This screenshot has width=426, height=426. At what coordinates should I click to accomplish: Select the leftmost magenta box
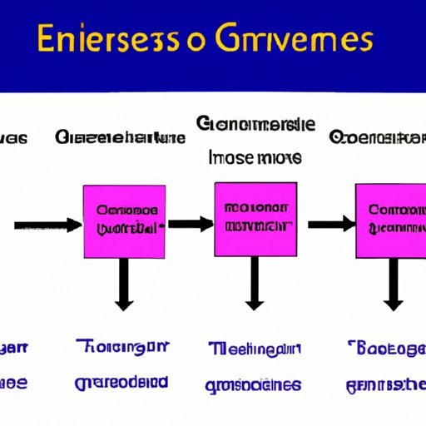coord(125,220)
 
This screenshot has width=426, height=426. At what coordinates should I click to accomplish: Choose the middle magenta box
coord(255,219)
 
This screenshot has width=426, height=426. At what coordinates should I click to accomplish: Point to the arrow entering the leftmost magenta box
coord(47,225)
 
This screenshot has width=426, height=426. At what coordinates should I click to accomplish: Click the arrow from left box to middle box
coord(191,224)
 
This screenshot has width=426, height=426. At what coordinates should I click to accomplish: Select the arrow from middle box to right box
coord(332,224)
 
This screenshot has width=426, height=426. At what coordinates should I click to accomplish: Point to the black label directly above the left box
coord(120,138)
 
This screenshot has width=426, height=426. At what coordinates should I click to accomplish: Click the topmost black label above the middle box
coord(255,125)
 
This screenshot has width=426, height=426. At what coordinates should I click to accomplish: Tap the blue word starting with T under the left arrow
coord(121,348)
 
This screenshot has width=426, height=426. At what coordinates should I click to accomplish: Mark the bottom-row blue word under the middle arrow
coord(254,384)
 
